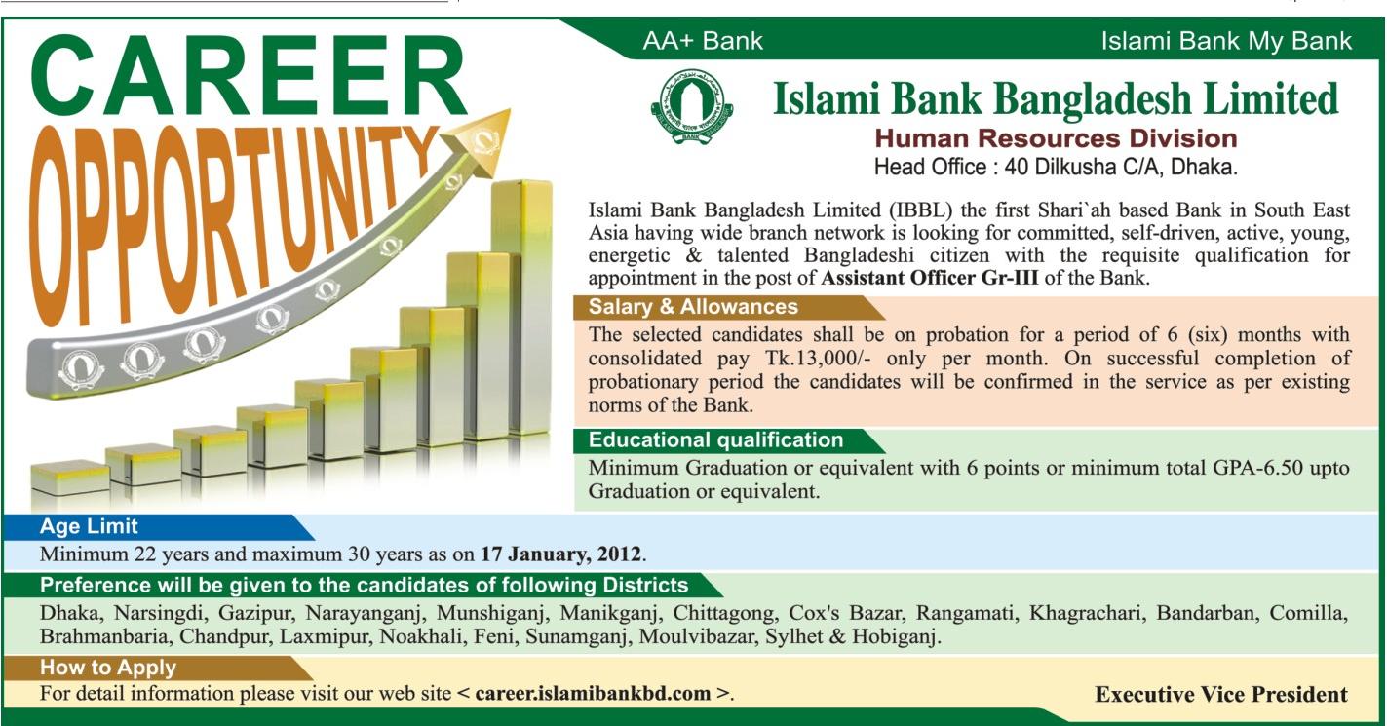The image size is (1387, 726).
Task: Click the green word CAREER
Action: point(248,76)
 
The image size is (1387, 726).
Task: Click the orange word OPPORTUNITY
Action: point(229,223)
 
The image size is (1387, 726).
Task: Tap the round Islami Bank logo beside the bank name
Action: point(692,106)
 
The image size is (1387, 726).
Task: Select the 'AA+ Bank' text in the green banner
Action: point(703,41)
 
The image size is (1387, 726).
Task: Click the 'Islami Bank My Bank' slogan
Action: point(1226,42)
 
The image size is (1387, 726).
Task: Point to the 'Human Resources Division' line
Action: point(1056,138)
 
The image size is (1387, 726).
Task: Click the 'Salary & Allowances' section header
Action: point(693,306)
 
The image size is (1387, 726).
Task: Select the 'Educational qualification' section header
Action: point(715,439)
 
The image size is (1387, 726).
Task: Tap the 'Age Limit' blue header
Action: point(89,526)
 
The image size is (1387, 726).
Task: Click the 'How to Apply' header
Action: point(108,668)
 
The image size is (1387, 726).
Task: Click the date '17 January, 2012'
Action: point(561,554)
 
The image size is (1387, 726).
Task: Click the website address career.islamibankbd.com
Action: point(594,693)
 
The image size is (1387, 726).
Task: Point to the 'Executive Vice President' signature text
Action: point(1221,694)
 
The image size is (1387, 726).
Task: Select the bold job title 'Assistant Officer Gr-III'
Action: point(930,278)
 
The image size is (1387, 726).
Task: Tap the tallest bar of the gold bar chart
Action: point(521,306)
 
